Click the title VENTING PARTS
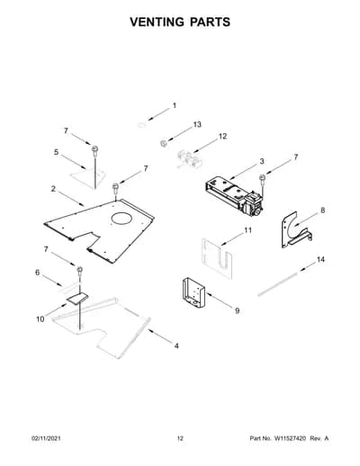[x=180, y=22]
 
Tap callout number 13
[x=197, y=124]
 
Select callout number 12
[x=222, y=137]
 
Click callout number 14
[x=320, y=259]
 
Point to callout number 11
[x=247, y=230]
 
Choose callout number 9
[x=237, y=311]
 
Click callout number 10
[x=40, y=319]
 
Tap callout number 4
[x=176, y=346]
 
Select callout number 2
[x=53, y=189]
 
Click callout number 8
[x=322, y=211]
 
